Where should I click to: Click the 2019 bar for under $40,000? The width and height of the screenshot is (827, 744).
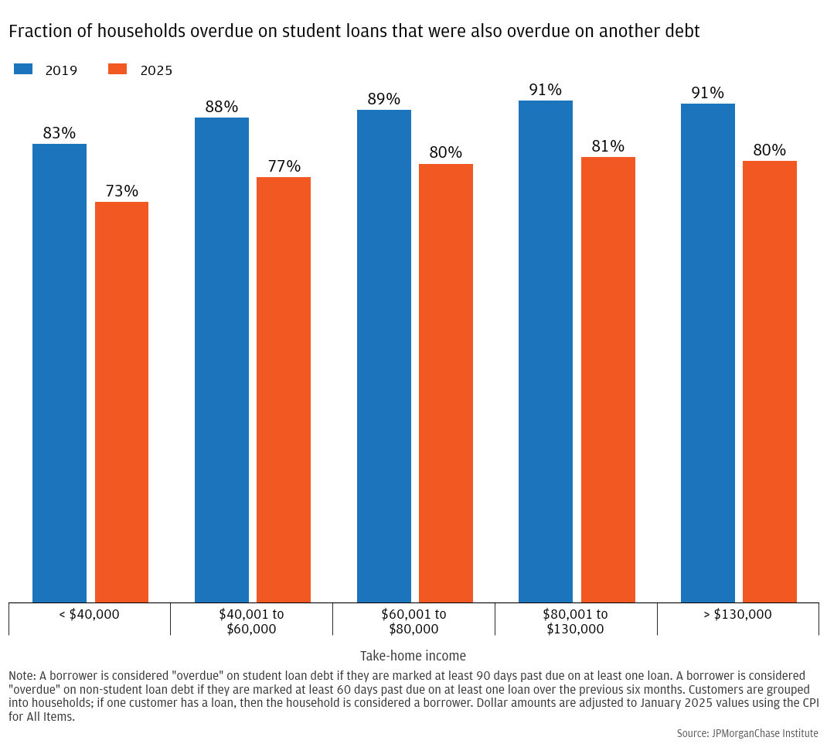pyautogui.click(x=60, y=373)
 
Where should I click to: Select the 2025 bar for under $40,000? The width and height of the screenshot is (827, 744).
pyautogui.click(x=121, y=402)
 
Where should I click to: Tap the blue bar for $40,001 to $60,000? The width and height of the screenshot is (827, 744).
pyautogui.click(x=222, y=360)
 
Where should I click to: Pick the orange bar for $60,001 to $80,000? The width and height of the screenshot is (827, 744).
pyautogui.click(x=446, y=383)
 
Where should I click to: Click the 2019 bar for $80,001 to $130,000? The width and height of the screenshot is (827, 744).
pyautogui.click(x=546, y=351)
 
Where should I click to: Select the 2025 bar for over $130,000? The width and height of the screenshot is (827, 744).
pyautogui.click(x=770, y=381)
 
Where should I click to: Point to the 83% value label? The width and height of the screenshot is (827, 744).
pyautogui.click(x=60, y=133)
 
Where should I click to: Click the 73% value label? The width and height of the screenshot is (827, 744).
pyautogui.click(x=121, y=191)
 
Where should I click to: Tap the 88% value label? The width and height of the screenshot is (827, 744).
pyautogui.click(x=222, y=107)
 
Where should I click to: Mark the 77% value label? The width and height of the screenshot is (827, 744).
pyautogui.click(x=284, y=166)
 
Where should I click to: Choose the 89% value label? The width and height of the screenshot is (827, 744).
pyautogui.click(x=384, y=99)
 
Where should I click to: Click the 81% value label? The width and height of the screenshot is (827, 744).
pyautogui.click(x=608, y=146)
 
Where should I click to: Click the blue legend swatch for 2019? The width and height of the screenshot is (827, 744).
pyautogui.click(x=23, y=70)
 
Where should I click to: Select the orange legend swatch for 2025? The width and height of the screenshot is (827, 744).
pyautogui.click(x=117, y=70)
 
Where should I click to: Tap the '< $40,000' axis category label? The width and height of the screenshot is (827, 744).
pyautogui.click(x=89, y=614)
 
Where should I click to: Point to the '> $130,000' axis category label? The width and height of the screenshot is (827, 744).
pyautogui.click(x=738, y=614)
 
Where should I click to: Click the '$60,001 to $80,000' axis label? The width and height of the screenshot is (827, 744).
pyautogui.click(x=413, y=621)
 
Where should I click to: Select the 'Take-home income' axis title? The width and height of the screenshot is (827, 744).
pyautogui.click(x=413, y=656)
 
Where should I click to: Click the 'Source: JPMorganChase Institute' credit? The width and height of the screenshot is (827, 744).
pyautogui.click(x=747, y=732)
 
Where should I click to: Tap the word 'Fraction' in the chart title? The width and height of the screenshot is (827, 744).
pyautogui.click(x=38, y=31)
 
